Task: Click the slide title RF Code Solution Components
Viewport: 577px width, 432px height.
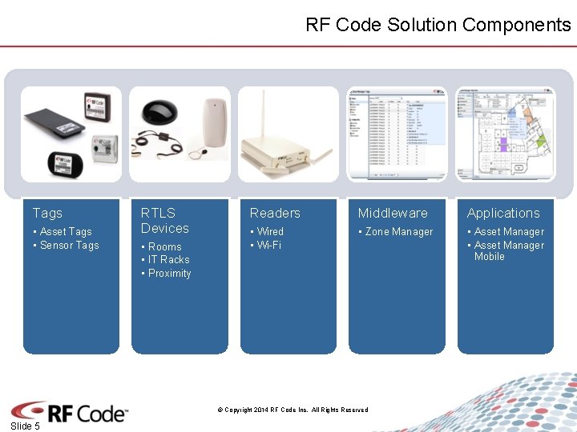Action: click(438, 25)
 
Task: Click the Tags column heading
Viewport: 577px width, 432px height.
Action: click(47, 213)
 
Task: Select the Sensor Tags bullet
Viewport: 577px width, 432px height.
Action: click(69, 246)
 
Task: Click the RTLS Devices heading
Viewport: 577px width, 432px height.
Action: click(165, 221)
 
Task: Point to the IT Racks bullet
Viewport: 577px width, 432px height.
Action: click(168, 260)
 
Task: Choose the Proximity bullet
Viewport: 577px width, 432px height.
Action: click(169, 274)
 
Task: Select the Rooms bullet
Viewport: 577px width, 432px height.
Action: click(164, 247)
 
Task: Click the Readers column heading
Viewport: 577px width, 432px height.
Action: click(275, 213)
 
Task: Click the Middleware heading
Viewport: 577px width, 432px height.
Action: click(393, 213)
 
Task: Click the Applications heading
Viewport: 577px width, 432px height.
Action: click(503, 213)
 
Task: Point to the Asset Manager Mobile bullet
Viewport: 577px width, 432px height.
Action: click(508, 251)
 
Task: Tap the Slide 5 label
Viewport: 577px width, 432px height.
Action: click(25, 426)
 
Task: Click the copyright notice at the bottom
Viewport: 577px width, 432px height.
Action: click(293, 410)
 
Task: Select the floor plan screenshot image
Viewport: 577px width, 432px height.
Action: click(506, 134)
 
